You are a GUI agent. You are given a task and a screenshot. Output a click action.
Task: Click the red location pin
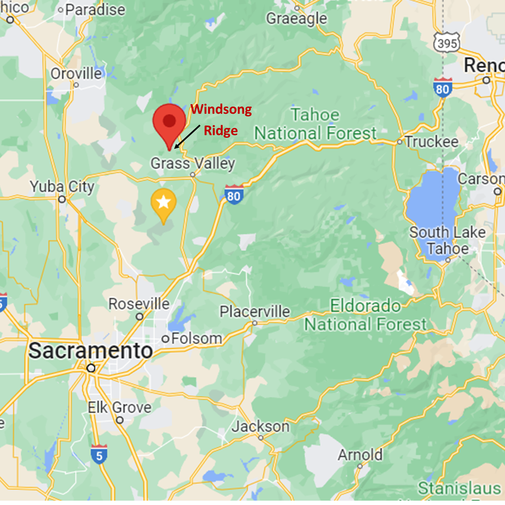[x=170, y=123]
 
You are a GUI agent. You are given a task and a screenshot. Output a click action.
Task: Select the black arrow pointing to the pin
[x=187, y=137]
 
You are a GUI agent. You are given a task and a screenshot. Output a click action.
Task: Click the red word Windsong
[x=221, y=109]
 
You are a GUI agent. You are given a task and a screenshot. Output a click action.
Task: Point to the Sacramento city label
[x=91, y=351]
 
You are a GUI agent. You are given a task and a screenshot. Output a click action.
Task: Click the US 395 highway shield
[x=447, y=42]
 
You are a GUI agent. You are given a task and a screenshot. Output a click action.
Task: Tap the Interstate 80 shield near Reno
[x=442, y=88]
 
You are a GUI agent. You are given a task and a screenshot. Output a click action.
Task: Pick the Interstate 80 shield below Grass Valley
[x=234, y=195]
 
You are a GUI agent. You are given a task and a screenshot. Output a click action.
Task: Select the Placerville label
[x=255, y=311]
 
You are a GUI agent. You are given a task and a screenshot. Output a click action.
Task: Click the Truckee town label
[x=431, y=141]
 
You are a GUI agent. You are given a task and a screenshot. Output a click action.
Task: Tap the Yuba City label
[x=62, y=187]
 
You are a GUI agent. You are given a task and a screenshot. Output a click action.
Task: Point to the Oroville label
[x=76, y=74]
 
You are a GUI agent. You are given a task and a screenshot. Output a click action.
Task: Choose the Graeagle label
[x=297, y=18]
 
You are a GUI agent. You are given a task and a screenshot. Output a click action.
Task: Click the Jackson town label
[x=261, y=427]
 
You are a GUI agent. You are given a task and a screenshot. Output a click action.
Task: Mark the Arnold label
[x=360, y=455]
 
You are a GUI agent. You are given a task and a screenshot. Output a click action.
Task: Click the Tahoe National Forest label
[x=315, y=124]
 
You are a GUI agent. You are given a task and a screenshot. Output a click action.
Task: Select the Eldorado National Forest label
[x=365, y=315]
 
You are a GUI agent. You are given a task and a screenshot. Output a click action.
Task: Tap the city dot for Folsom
[x=166, y=339]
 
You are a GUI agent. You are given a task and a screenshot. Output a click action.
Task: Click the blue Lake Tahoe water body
[x=434, y=206]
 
